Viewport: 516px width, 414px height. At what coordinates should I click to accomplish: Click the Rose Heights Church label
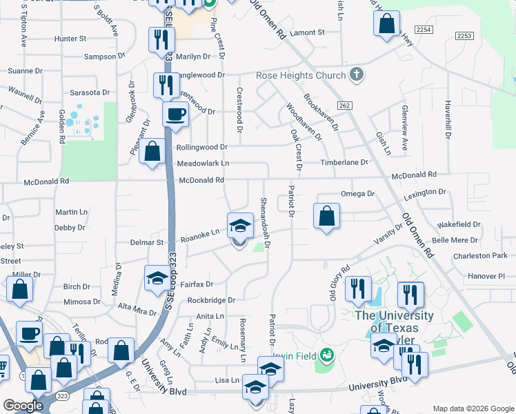click(300, 75)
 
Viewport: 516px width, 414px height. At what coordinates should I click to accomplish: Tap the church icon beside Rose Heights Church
click(356, 75)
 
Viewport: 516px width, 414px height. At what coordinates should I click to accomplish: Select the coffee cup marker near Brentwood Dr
click(175, 114)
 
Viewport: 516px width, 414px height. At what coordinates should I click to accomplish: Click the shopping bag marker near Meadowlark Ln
click(152, 152)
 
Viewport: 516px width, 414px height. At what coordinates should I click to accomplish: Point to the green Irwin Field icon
click(327, 355)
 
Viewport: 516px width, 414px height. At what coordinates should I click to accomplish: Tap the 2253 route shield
click(464, 36)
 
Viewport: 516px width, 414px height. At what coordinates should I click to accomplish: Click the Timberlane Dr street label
click(344, 162)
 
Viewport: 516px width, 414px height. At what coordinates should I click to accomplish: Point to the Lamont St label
click(308, 32)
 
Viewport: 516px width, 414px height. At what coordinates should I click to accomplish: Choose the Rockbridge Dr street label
click(212, 300)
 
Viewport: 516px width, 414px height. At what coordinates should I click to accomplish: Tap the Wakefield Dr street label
click(458, 224)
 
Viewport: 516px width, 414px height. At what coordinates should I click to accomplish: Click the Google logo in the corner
click(23, 406)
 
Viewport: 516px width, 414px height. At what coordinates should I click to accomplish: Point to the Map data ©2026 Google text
click(473, 408)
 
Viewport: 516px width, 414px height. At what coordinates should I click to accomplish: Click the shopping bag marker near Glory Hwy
click(387, 23)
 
